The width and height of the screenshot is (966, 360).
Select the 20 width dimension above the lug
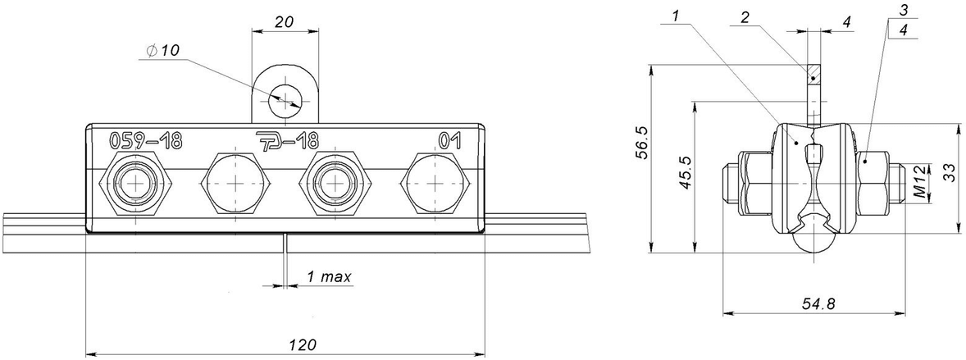pyautogui.click(x=285, y=21)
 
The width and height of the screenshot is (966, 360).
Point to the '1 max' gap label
pyautogui.click(x=330, y=277)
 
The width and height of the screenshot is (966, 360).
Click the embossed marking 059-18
pyautogui.click(x=146, y=141)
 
